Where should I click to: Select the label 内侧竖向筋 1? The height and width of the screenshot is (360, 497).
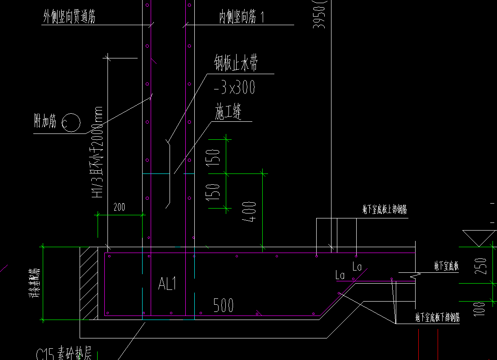242,18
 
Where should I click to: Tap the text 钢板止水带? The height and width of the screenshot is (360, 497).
236,63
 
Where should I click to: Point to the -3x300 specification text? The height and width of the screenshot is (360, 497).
234,87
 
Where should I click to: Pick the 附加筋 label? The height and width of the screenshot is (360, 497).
45,121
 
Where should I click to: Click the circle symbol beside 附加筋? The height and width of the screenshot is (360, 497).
71,122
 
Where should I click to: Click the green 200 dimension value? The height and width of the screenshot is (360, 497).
119,207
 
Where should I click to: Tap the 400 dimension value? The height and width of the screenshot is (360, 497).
250,212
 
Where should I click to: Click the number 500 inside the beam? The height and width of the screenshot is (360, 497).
223,306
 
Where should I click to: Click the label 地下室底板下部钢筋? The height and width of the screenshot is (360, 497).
437,318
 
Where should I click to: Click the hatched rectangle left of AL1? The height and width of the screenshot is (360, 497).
89,283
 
